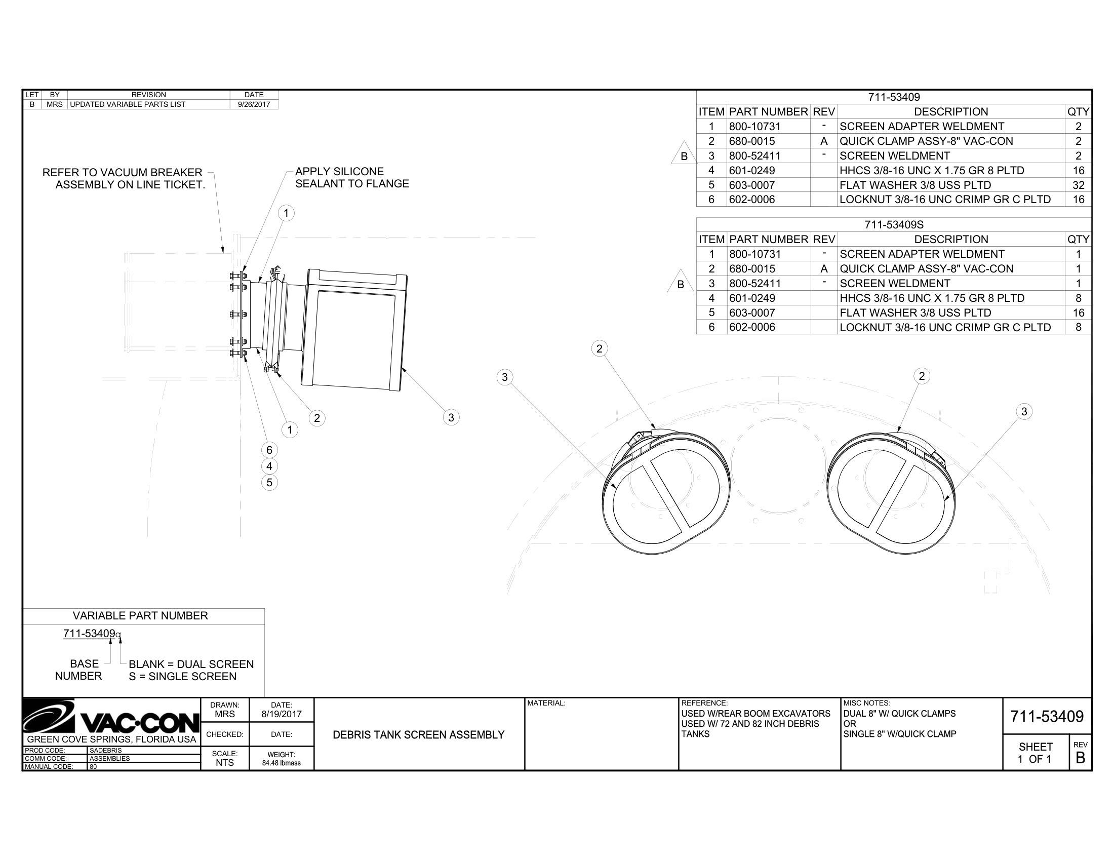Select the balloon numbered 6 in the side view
(269, 450)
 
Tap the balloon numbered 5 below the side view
(269, 483)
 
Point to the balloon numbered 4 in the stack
(269, 466)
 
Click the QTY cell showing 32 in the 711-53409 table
(1078, 185)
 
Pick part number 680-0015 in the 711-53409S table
(752, 269)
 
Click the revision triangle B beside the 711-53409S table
(681, 282)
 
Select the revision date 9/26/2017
(254, 104)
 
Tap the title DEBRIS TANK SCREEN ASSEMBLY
(419, 734)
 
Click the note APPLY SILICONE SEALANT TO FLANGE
(352, 177)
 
